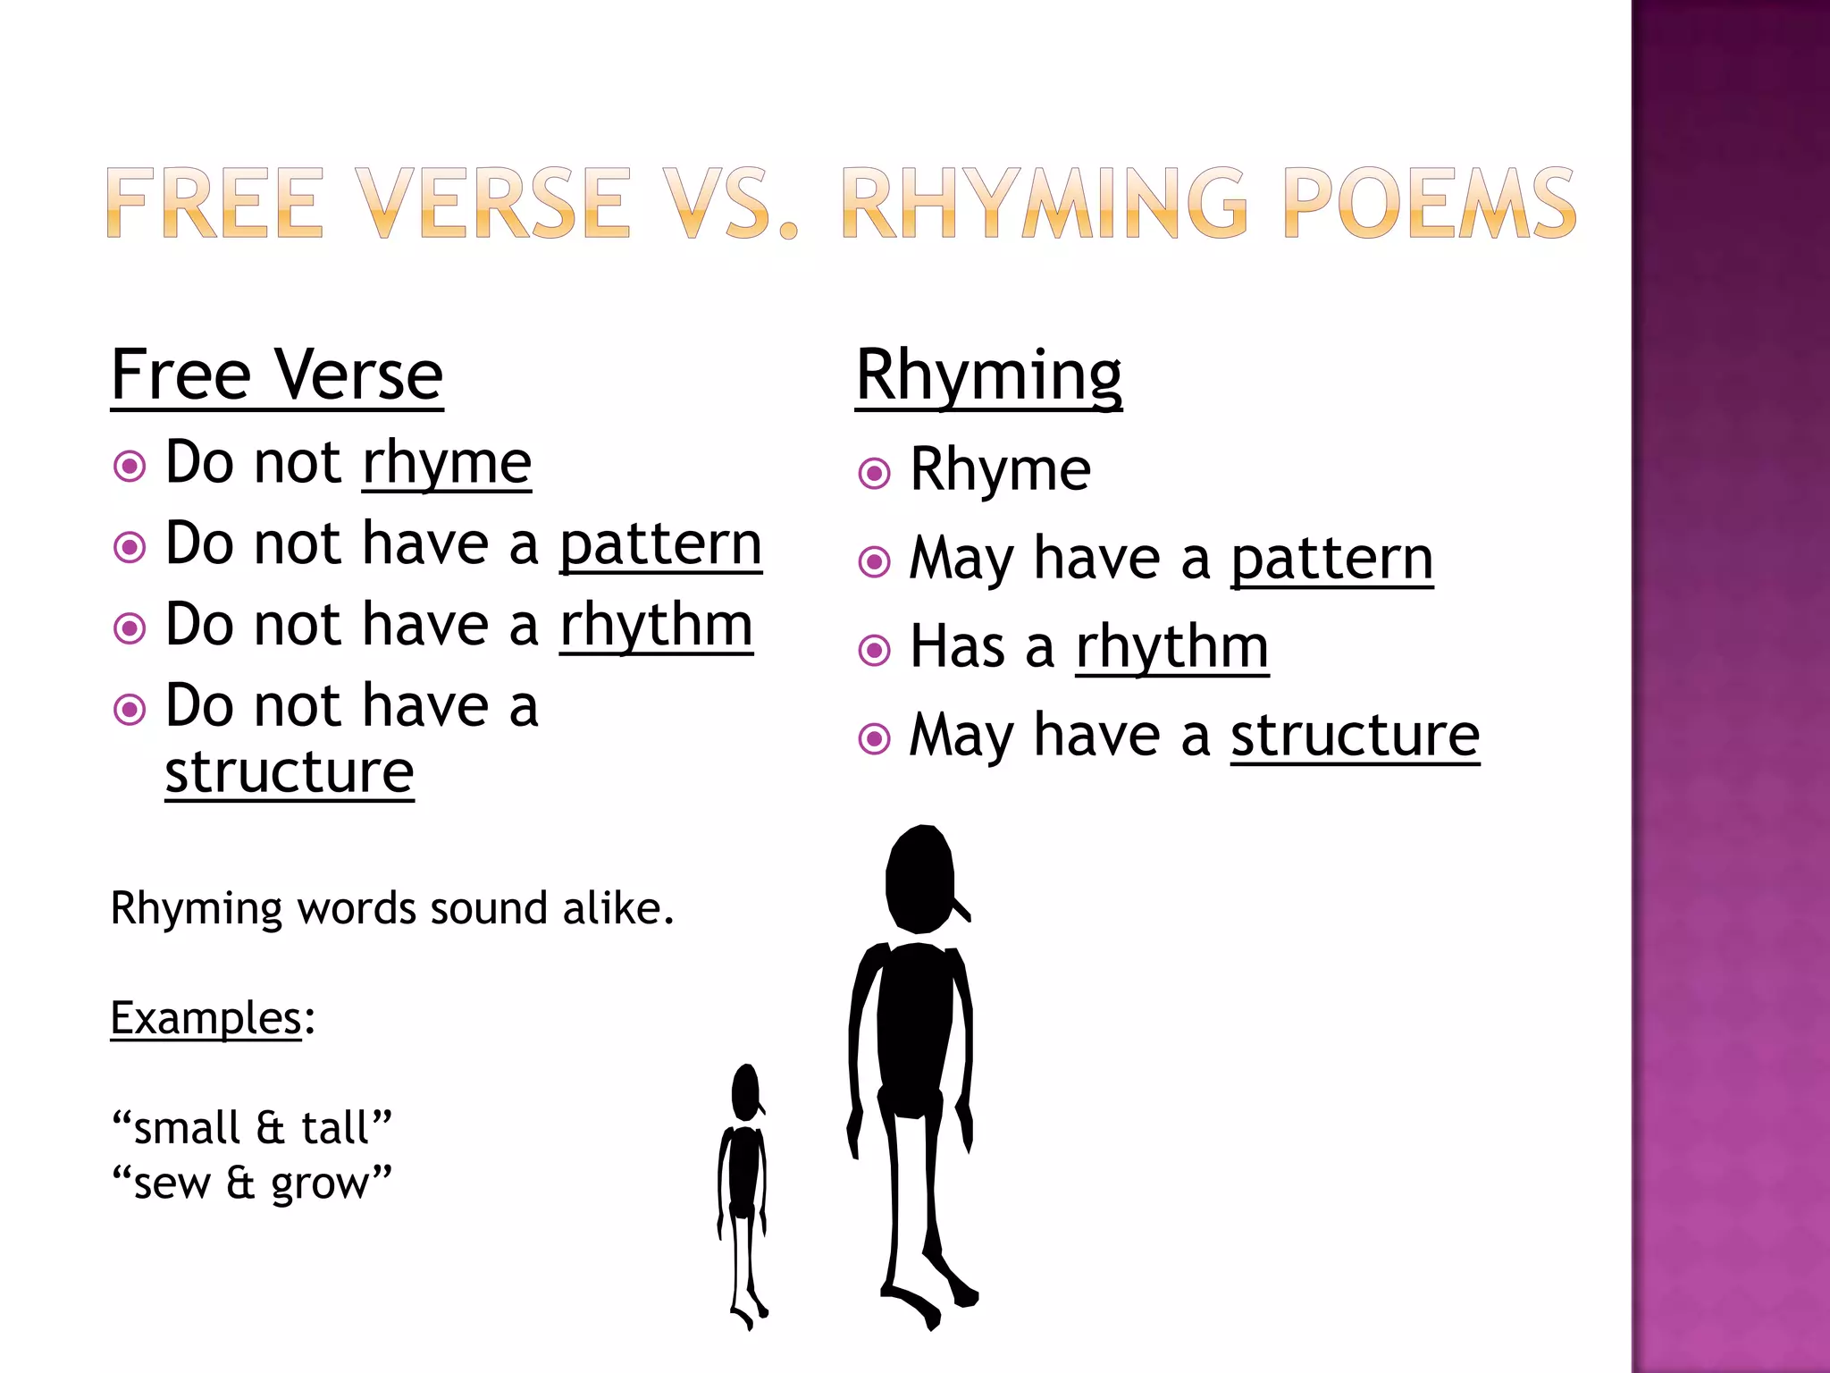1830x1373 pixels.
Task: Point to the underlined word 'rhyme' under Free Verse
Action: tap(447, 463)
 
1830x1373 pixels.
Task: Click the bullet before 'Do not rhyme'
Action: tap(130, 466)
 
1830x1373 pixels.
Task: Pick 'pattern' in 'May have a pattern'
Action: tap(1331, 560)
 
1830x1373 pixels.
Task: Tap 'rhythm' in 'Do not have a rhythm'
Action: tap(657, 625)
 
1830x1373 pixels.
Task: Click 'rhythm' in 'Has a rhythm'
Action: tap(1171, 647)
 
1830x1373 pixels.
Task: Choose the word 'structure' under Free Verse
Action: tap(290, 771)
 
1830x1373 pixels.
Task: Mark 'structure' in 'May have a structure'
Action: tap(1355, 736)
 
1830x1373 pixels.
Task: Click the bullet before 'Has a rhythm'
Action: tap(874, 650)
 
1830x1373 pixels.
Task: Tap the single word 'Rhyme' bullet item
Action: tap(1000, 470)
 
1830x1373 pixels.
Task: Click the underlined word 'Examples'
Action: tap(206, 1018)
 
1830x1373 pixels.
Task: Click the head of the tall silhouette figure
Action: tap(920, 879)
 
